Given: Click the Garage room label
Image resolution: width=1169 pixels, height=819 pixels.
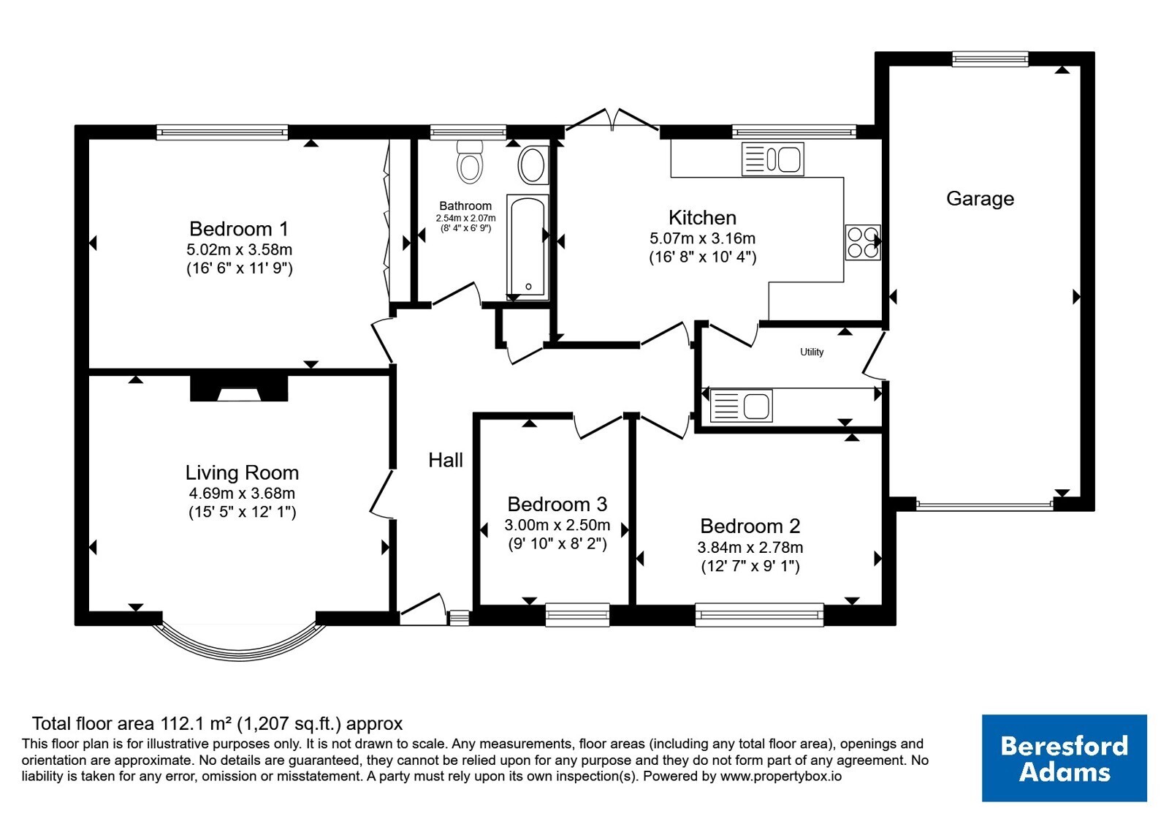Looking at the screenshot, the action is coord(980,199).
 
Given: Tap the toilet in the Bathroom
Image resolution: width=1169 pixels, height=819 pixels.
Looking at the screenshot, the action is coord(469,162).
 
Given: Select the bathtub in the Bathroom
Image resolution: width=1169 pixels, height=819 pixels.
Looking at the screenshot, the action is coord(528,247).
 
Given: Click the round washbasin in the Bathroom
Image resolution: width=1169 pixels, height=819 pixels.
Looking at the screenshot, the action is coord(533,165).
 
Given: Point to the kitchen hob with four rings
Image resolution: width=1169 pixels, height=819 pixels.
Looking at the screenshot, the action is coord(863,242).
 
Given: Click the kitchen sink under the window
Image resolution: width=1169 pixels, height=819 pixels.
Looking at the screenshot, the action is coord(773,159).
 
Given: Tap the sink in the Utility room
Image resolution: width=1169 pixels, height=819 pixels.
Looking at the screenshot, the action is coord(741,406).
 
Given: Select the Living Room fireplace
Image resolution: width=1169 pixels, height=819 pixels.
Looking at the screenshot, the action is coord(239,388).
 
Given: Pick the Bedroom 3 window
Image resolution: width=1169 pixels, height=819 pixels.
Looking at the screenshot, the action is coord(577,615).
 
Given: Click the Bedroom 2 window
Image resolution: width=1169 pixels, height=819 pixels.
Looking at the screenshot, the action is coord(759,615).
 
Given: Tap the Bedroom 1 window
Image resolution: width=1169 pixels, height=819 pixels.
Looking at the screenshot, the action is coord(222,132).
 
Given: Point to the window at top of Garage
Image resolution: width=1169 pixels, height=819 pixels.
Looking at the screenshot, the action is coord(990,59).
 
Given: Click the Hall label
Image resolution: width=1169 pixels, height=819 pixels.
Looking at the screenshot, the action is coord(446,460).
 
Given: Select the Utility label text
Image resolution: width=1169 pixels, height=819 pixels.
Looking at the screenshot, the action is coord(812,352).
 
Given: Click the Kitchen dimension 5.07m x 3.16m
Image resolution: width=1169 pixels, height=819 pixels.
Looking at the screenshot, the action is coord(702,238).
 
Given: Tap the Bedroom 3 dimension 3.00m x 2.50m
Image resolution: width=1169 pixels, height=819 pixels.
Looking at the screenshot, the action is coord(557,525).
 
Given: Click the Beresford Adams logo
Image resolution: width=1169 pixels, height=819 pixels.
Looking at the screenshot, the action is coord(1065,758).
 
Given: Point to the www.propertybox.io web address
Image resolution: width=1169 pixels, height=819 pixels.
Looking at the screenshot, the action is coord(781,776).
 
